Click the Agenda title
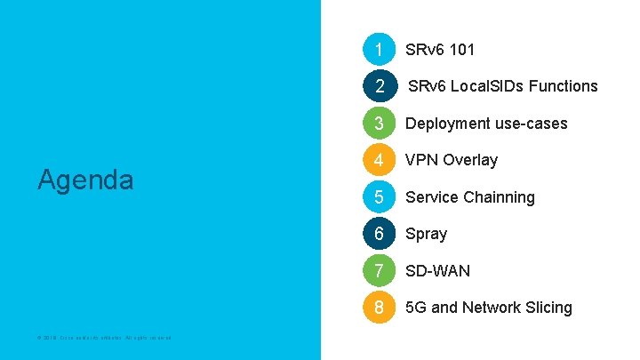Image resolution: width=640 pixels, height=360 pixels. coord(85,180)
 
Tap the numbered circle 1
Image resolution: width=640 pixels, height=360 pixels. coord(379,49)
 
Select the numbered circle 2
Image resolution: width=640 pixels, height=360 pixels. coord(379,86)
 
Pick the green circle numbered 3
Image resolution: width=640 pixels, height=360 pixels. coord(379,123)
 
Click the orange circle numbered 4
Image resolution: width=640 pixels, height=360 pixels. coord(379,160)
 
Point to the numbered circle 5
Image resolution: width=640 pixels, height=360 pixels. coord(379,196)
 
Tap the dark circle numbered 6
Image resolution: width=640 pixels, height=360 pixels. coord(379,234)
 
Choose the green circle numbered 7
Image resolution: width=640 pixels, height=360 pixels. coord(379,270)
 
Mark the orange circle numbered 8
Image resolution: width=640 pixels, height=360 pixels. coord(379,308)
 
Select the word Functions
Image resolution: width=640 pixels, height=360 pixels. coord(563,86)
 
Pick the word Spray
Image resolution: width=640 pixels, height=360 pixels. coord(427,234)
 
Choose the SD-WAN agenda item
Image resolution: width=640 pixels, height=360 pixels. coord(438,270)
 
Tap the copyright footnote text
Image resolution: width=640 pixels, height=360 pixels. coord(105,337)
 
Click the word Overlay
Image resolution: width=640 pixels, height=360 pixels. coord(470,160)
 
